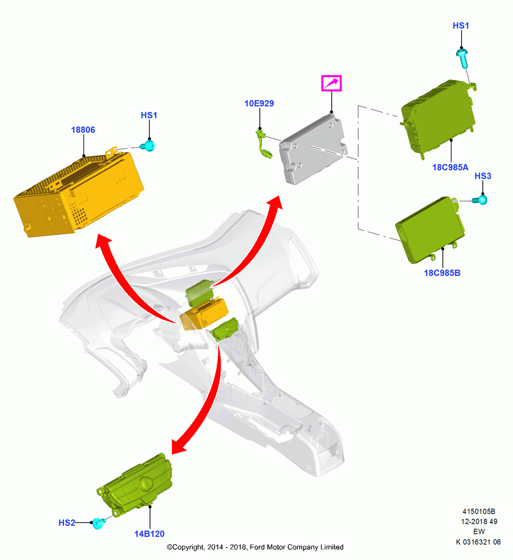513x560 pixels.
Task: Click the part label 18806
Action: coord(83,130)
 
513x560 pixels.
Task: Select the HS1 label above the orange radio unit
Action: coord(149,115)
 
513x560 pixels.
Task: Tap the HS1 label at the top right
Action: coord(461,26)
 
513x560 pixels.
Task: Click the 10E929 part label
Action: coord(259,104)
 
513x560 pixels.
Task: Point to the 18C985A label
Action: coord(450,167)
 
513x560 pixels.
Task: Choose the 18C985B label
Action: coord(442,273)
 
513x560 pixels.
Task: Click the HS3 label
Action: coord(483,176)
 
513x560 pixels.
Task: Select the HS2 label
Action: coord(67,523)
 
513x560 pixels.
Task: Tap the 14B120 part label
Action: coord(150,534)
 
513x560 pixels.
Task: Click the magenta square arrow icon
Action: coord(332,83)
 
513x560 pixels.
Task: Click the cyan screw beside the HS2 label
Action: coord(99,523)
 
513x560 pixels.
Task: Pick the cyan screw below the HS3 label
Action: coord(480,200)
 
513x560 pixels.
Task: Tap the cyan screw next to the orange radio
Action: coord(147,146)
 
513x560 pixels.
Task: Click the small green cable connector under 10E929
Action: coord(264,144)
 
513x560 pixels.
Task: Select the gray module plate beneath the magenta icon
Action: coord(313,150)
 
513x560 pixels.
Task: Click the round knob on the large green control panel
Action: coord(147,483)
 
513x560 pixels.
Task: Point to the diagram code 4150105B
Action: coord(479,511)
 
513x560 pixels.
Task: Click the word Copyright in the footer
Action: coord(188,547)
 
